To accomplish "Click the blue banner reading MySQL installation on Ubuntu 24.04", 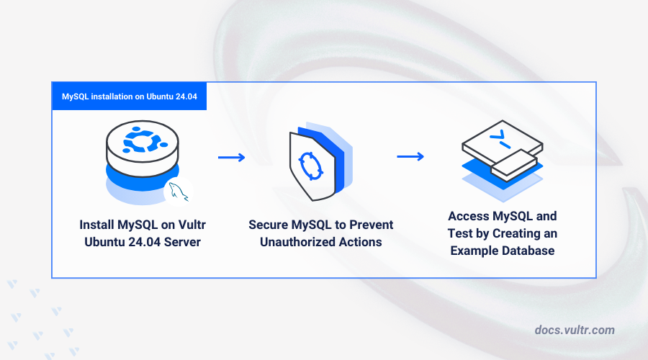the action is click(x=130, y=96).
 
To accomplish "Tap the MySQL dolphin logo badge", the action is click(x=179, y=192).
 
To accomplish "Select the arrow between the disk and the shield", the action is click(x=231, y=157).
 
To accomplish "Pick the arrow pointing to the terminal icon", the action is click(x=410, y=157).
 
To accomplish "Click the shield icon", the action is click(x=320, y=161).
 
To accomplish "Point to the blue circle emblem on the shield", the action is click(x=311, y=166).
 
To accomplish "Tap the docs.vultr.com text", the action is click(x=575, y=330).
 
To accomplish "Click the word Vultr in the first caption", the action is click(x=192, y=225).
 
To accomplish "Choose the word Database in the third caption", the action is click(x=528, y=251).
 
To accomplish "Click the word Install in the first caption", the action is click(x=96, y=225).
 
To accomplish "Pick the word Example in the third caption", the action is click(x=474, y=251).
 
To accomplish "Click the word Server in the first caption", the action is click(x=182, y=242).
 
